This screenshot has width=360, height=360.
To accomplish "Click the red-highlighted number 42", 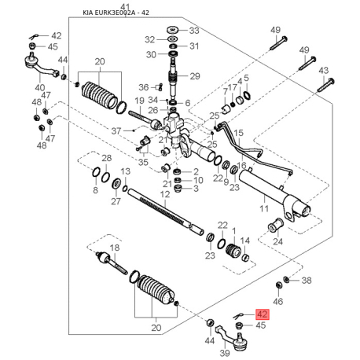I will (263, 314).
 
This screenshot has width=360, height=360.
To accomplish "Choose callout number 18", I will (115, 248).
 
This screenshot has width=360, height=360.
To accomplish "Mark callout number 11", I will (265, 209).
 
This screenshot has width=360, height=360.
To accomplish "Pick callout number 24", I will (277, 242).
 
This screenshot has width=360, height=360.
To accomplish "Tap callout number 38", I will (307, 281).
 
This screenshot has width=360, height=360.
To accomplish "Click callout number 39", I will (224, 354).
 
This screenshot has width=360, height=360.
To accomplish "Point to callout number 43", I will (323, 71).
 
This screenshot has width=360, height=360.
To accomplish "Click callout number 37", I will (116, 130).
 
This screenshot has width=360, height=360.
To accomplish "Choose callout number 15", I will (239, 133).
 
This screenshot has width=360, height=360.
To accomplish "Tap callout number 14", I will (245, 241).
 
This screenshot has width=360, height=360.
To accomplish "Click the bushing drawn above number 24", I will (277, 228).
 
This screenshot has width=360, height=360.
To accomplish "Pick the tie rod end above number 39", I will (237, 338).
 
